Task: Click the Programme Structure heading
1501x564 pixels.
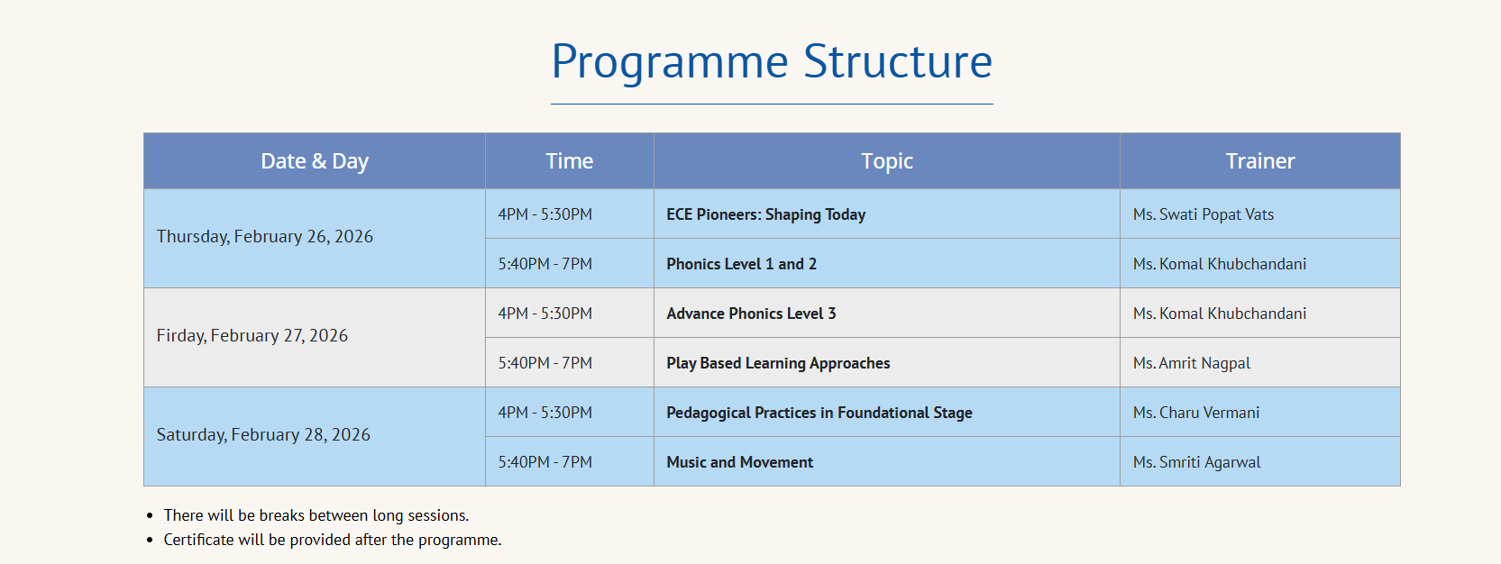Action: coord(772,61)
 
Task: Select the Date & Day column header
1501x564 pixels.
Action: coord(315,161)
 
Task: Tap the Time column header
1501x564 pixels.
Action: coord(569,160)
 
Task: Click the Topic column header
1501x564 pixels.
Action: coord(886,161)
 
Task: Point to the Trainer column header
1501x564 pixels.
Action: coord(1259,160)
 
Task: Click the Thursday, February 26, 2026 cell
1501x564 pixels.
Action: coord(265,236)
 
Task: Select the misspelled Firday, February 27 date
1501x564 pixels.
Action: coord(252,335)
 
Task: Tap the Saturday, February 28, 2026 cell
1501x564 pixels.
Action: coord(263,435)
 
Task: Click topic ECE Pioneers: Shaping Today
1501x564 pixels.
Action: coord(766,214)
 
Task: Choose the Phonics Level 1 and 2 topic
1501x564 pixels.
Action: coord(741,264)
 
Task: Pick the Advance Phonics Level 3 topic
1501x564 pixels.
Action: coord(751,314)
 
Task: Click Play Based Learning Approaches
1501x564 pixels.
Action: coord(778,363)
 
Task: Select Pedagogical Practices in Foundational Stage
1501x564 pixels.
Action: coord(819,413)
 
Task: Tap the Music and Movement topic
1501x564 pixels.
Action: coord(739,462)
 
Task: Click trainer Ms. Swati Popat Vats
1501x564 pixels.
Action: coord(1204,214)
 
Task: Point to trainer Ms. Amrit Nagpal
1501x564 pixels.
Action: coord(1192,363)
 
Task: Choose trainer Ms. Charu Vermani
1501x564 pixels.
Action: coord(1196,413)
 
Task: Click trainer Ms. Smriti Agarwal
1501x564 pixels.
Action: coord(1197,462)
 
